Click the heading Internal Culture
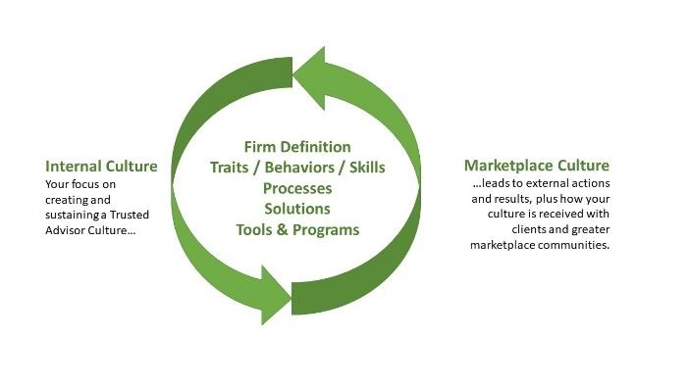(x=102, y=166)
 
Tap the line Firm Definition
(x=296, y=147)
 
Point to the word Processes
(x=296, y=187)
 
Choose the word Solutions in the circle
(x=296, y=208)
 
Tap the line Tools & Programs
(x=296, y=229)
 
